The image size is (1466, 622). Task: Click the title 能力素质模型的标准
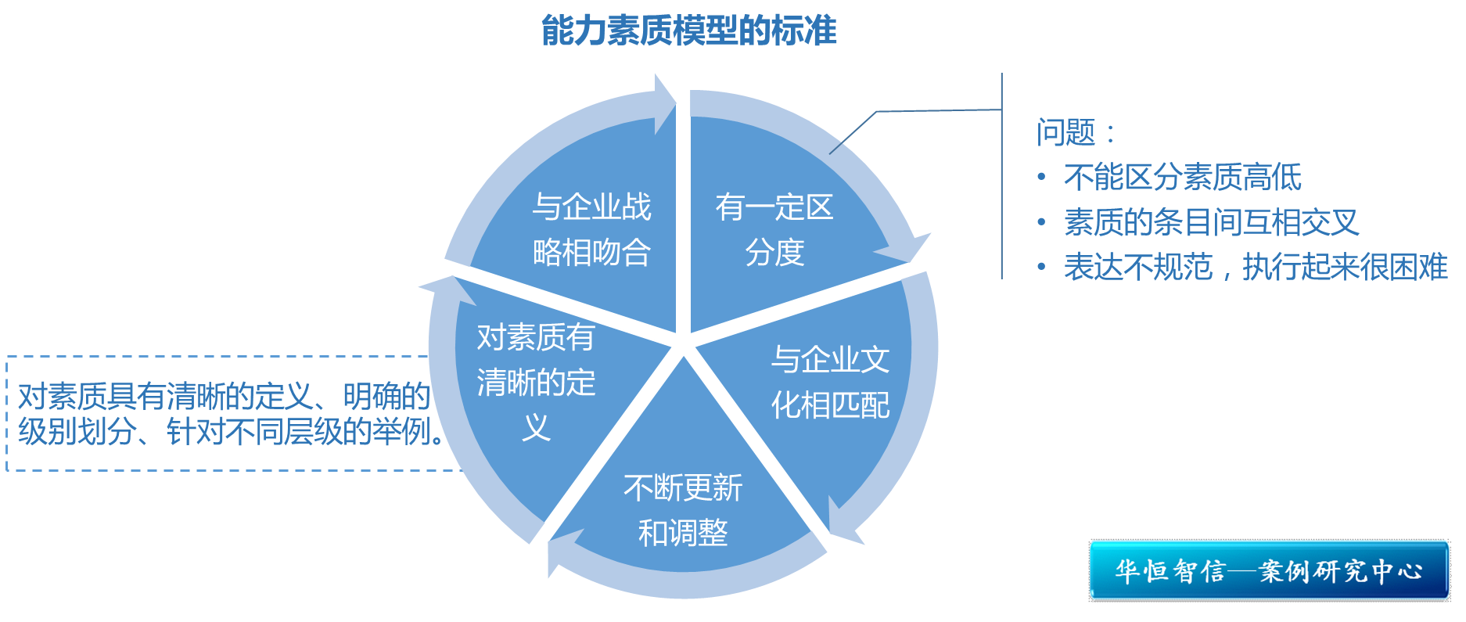click(688, 31)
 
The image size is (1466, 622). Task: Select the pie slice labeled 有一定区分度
click(774, 229)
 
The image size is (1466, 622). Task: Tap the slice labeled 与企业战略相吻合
click(591, 229)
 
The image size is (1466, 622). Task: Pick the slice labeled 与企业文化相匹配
click(830, 382)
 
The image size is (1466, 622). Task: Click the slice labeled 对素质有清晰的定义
click(537, 382)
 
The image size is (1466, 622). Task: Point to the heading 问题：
click(1075, 133)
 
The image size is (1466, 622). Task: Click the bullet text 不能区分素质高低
click(1182, 178)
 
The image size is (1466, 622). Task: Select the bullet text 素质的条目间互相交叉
click(1211, 223)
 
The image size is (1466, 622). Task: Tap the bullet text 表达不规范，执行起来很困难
click(1255, 268)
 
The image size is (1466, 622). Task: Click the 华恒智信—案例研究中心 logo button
click(1269, 570)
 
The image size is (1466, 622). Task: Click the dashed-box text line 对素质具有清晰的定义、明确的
click(224, 397)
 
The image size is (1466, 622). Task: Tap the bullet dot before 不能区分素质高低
click(1041, 178)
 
